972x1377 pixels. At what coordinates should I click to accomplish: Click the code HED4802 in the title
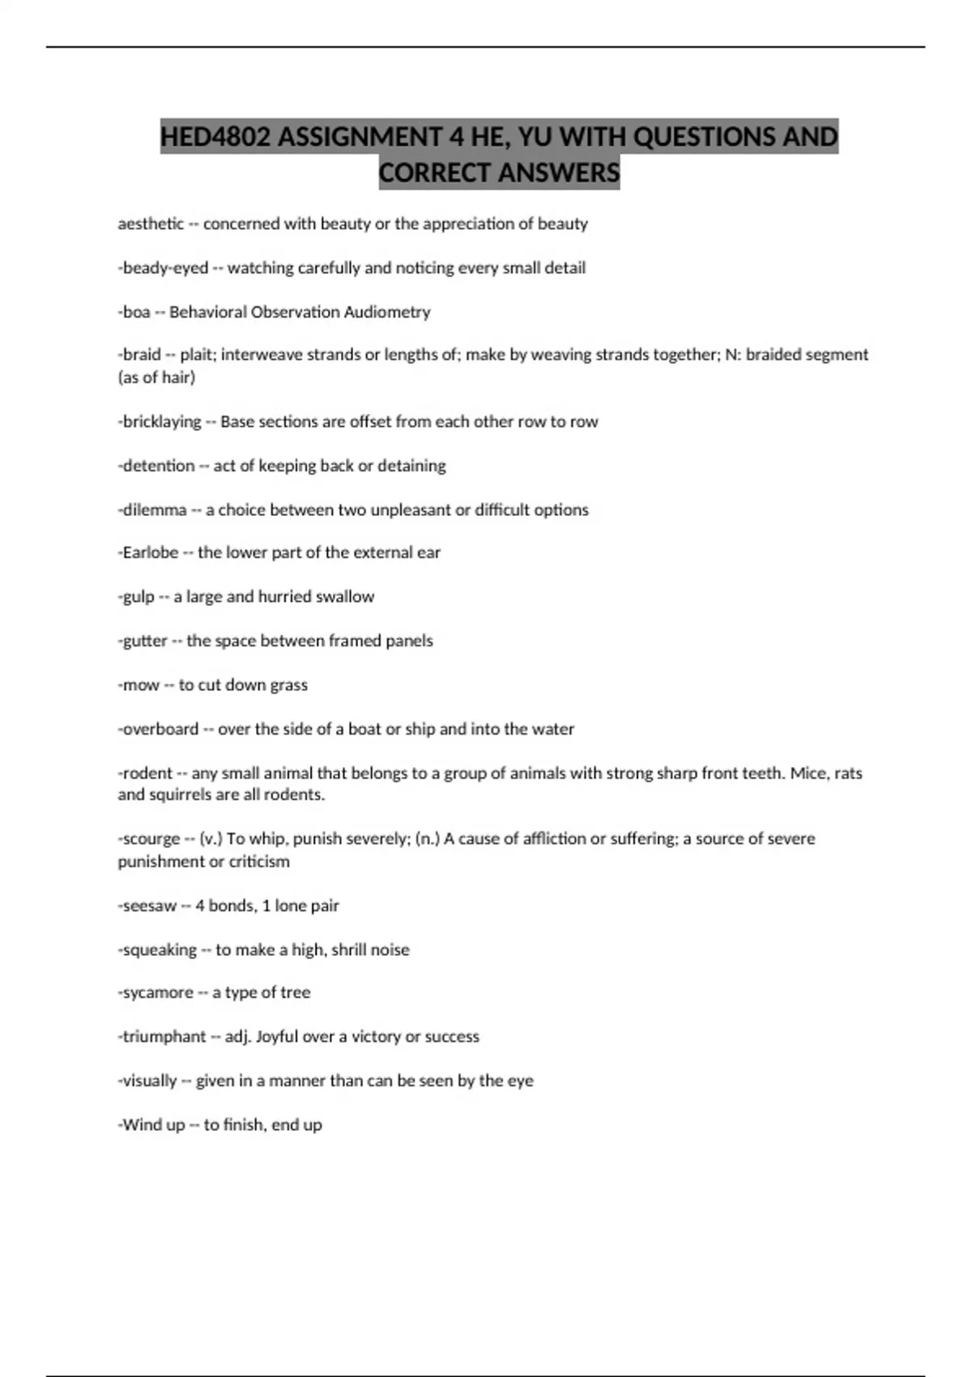[215, 137]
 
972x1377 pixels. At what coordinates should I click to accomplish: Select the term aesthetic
[151, 224]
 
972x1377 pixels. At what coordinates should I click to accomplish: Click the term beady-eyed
[165, 268]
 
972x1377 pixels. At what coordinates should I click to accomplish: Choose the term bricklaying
[161, 422]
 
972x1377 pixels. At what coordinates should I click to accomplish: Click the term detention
[158, 466]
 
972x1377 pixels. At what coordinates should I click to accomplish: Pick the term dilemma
[154, 510]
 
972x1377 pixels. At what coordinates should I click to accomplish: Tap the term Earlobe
[150, 552]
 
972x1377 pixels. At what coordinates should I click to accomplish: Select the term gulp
[138, 597]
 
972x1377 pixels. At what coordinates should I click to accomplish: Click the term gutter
[144, 641]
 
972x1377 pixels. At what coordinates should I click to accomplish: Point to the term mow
[140, 685]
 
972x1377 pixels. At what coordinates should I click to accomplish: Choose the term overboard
[160, 729]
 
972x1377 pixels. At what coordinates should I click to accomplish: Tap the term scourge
[151, 839]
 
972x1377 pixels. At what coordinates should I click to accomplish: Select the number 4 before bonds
[200, 906]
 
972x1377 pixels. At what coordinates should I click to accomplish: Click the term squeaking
[159, 950]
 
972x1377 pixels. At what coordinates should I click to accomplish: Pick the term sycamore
[157, 993]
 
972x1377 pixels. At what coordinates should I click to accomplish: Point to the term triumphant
[164, 1037]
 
